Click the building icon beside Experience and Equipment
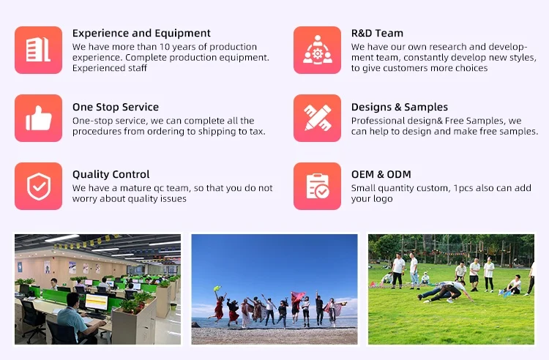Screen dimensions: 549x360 (39, 50)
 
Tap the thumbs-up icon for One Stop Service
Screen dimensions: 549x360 (39, 118)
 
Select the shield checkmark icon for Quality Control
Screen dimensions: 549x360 (39, 186)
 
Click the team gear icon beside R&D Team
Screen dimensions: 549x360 (317, 50)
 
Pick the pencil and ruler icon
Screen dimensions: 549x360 (317, 118)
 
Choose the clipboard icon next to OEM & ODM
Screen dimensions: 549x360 (317, 186)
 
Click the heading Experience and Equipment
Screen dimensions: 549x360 (141, 33)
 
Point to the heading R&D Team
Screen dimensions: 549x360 (377, 33)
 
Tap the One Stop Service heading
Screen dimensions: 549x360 (116, 107)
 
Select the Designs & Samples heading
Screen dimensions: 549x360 (400, 107)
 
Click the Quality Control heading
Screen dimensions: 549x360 (111, 174)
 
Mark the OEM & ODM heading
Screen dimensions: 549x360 (381, 174)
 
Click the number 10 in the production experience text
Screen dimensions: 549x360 (165, 47)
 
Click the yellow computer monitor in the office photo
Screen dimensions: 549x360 (97, 302)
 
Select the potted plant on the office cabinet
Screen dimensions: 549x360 (135, 303)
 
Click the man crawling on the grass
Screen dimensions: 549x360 (444, 292)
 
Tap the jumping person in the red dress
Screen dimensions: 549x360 (218, 307)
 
